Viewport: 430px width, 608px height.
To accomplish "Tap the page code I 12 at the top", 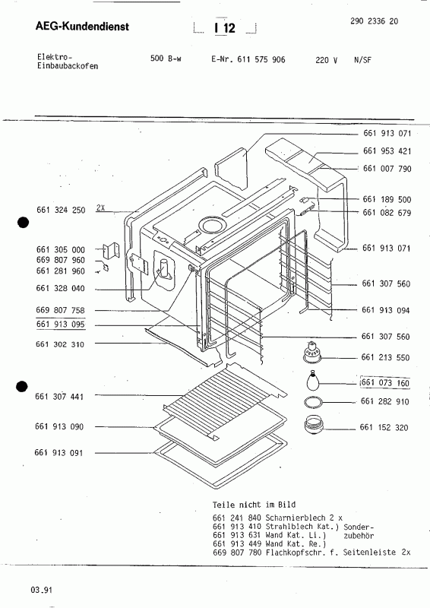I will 225,29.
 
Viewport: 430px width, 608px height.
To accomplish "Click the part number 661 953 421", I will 387,151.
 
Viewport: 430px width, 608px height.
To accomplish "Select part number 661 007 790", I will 387,168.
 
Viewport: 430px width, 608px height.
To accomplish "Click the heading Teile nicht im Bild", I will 255,505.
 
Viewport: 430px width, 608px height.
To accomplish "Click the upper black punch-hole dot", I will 24,223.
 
